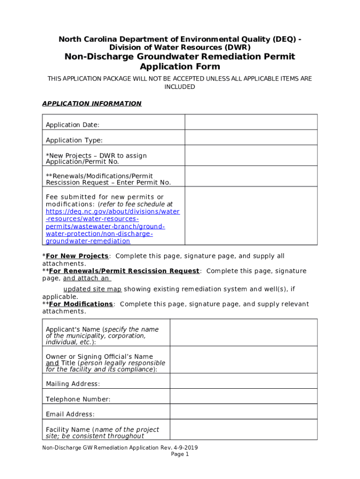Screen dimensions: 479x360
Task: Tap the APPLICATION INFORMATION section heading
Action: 92,103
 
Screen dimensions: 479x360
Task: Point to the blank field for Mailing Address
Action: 243,384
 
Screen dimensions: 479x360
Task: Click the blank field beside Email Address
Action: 243,414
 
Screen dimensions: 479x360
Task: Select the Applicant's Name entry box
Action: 243,333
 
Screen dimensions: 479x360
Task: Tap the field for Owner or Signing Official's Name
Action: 243,361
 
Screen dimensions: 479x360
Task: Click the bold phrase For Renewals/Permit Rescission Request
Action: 124,271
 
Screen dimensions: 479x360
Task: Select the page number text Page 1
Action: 180,454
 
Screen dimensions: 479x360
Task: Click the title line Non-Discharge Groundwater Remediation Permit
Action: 180,57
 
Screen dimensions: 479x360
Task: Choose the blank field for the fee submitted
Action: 251,216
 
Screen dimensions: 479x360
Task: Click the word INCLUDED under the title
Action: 180,87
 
